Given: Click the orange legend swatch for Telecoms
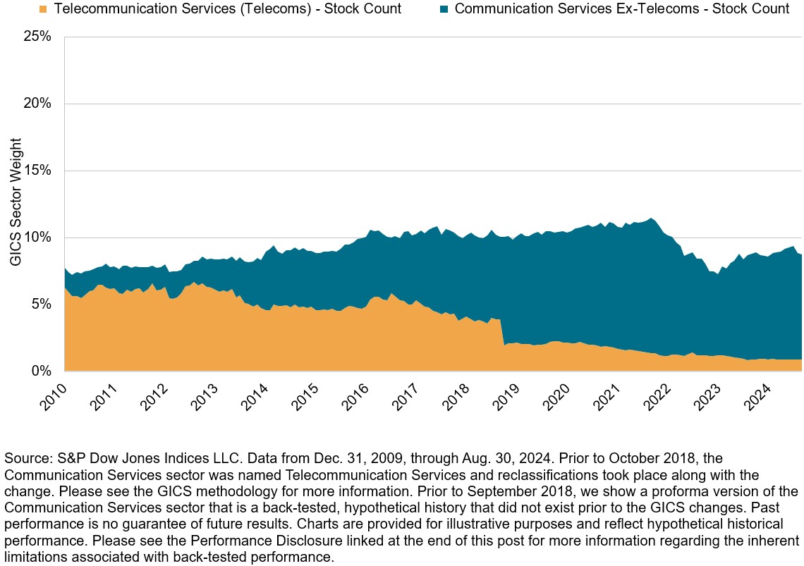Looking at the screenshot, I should click(44, 9).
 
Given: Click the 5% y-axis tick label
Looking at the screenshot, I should click(40, 304).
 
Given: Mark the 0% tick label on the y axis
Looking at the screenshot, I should click(40, 371).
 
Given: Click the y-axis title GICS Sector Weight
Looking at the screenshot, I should click(16, 203).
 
